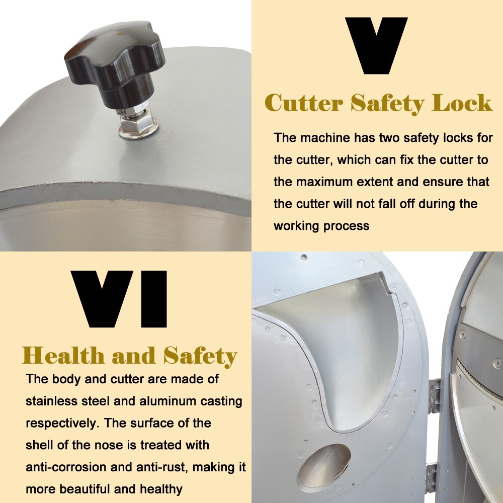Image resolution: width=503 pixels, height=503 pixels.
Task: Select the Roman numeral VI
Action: (119, 299)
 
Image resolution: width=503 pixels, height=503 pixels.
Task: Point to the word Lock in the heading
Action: (462, 103)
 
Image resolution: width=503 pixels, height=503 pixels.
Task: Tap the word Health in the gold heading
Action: (63, 356)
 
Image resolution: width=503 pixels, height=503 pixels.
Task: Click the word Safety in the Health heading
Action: (200, 357)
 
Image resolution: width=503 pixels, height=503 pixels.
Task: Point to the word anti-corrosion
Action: (66, 467)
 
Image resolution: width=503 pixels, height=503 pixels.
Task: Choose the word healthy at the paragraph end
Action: (161, 489)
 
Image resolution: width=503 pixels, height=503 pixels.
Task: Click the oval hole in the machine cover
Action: (324, 467)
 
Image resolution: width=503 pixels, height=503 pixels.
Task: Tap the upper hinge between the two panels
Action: (435, 395)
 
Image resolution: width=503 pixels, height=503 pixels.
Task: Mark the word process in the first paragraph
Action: (346, 226)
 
